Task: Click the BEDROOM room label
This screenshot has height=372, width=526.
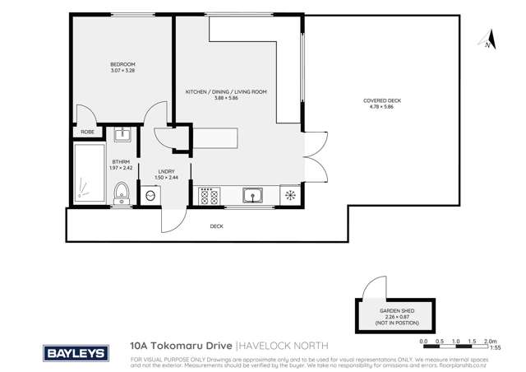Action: (122, 64)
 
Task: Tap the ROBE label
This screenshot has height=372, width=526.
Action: (86, 132)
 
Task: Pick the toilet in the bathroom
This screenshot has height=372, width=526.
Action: (121, 193)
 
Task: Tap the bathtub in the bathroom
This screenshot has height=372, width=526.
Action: (86, 175)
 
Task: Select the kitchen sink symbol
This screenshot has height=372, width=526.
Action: (252, 195)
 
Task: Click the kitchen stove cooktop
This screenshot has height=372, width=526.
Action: (207, 196)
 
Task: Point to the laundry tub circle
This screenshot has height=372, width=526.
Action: (150, 196)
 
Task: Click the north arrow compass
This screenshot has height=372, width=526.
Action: (487, 40)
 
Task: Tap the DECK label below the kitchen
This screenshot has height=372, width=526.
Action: (216, 225)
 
